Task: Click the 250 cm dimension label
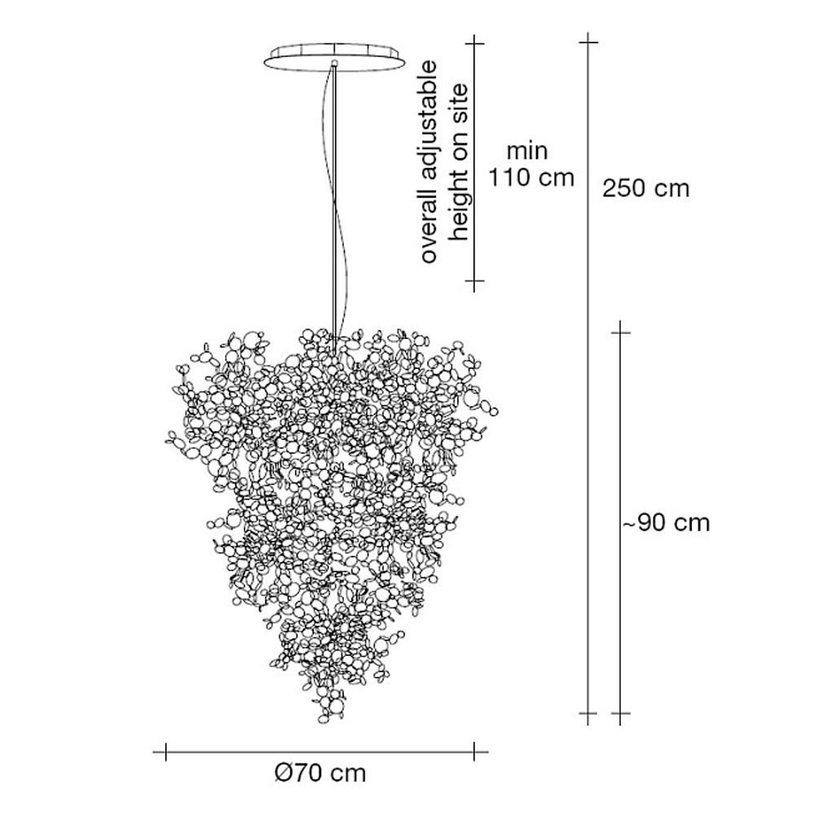coord(645,188)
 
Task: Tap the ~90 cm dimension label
coord(666,522)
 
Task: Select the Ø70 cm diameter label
coord(320,773)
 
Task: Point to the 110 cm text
coord(531,178)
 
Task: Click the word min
coord(527,152)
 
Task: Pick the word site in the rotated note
coord(460,99)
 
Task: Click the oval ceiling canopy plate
coord(334,57)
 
